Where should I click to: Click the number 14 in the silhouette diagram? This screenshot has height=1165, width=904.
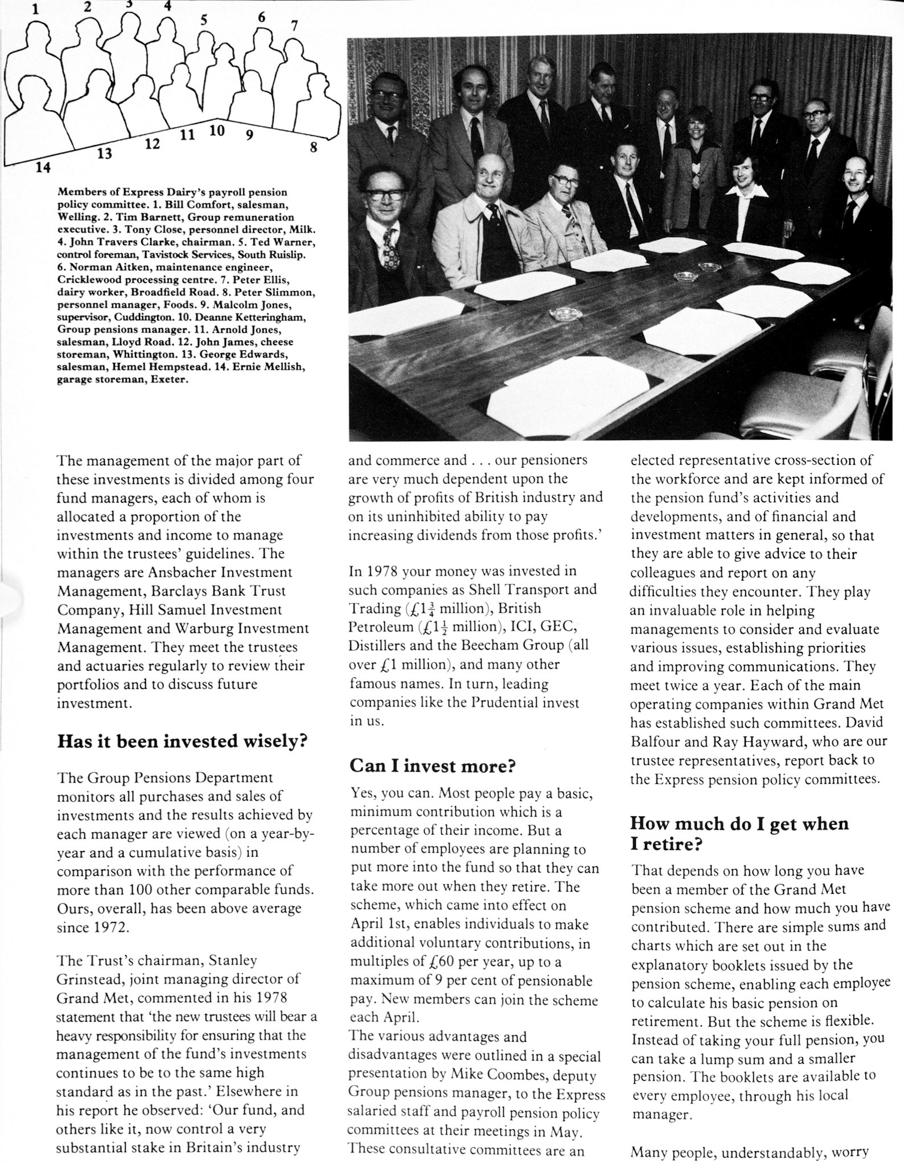tap(43, 167)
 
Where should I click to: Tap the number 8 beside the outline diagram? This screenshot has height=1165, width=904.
tap(313, 147)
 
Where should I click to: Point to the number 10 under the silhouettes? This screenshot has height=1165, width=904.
tap(216, 130)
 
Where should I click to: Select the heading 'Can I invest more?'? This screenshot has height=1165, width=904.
tap(432, 766)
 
